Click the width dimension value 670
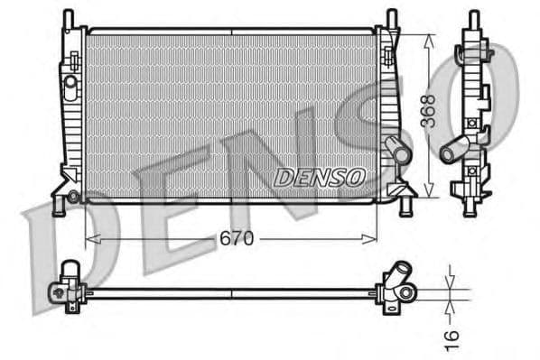click(x=236, y=239)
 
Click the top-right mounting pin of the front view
click(x=392, y=17)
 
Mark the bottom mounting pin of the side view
click(x=471, y=209)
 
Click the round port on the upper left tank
click(x=70, y=82)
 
